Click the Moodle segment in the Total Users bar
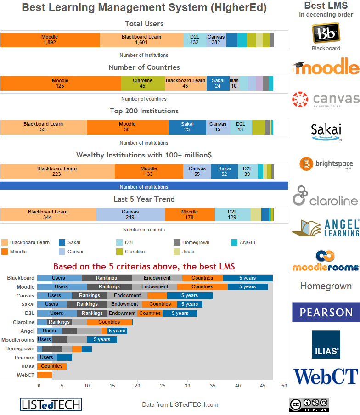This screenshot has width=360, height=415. pos(50,39)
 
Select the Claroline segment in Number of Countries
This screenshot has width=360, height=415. pos(142,83)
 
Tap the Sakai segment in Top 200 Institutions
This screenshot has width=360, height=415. pos(187,127)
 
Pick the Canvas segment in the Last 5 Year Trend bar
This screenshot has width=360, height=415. pos(130,214)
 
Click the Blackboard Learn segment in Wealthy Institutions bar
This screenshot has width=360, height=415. pos(57,171)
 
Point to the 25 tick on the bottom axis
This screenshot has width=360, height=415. pos(163,386)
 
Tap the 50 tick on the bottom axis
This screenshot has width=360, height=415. pos(284,386)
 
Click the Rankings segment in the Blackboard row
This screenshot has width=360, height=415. pos(107,278)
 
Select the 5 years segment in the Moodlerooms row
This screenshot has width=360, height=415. pos(101,340)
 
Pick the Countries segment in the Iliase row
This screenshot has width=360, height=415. pos(51,366)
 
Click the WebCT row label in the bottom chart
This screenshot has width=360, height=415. pos(26,375)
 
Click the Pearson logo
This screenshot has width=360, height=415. pos(326,313)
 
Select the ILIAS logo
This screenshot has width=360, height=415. pos(326,344)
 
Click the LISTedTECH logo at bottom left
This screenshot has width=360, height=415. pos(51,404)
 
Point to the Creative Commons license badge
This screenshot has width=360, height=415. pos(309,404)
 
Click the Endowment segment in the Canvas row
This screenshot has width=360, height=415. pos(127,296)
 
